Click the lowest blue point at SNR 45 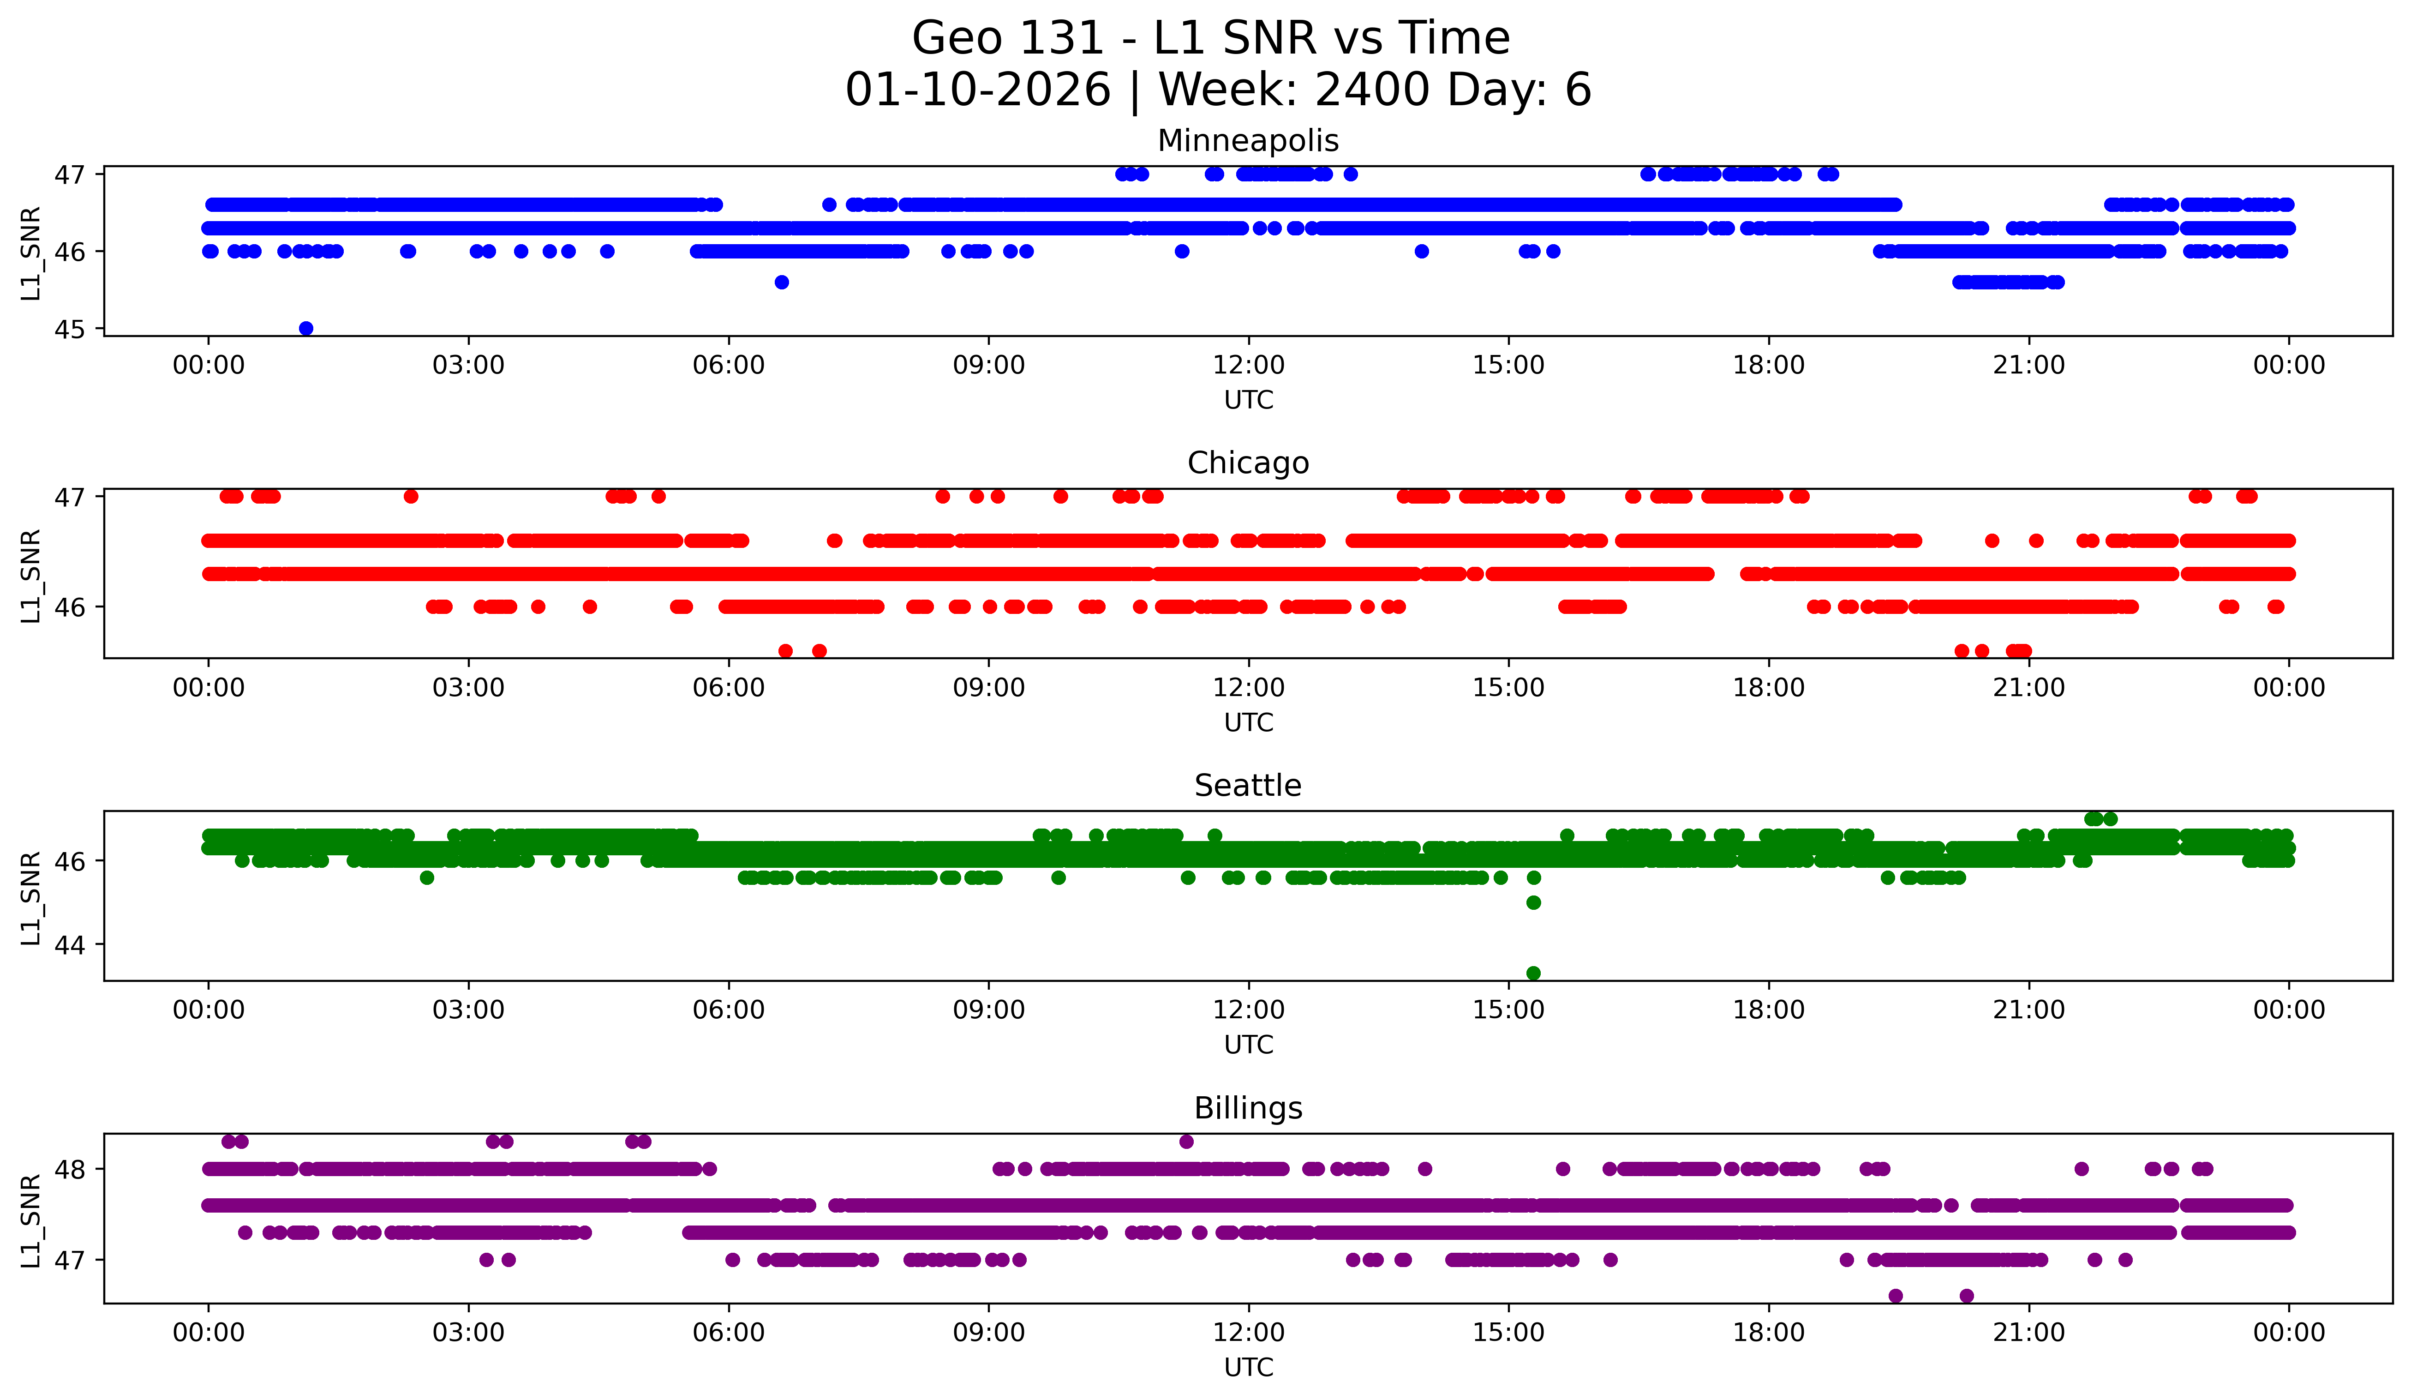click(x=306, y=328)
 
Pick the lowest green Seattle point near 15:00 click(x=1534, y=973)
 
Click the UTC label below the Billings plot click(x=1249, y=1368)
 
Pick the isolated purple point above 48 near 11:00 click(x=1186, y=1142)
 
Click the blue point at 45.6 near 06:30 click(x=782, y=282)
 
